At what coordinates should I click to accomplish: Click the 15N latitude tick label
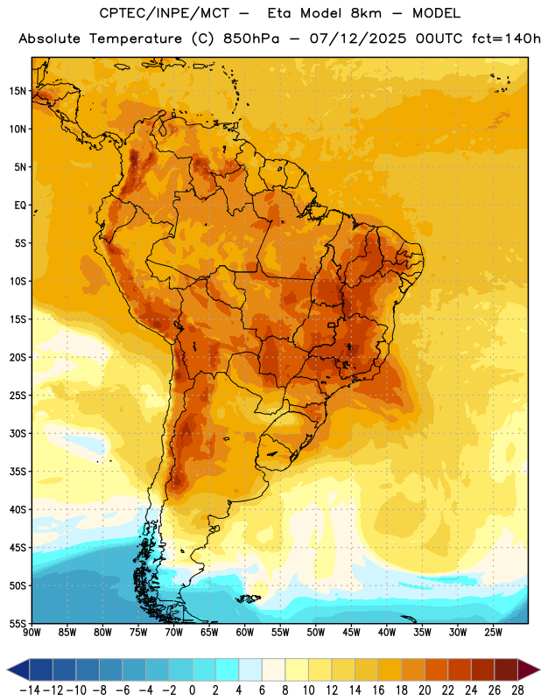click(x=18, y=91)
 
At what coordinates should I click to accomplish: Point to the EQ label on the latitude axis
click(x=20, y=206)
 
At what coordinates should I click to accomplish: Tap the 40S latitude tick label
click(x=18, y=509)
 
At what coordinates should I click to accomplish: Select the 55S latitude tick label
click(x=18, y=623)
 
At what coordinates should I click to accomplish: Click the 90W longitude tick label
click(x=32, y=633)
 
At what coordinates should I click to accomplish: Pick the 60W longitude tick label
click(x=245, y=633)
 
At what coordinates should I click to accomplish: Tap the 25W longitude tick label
click(x=493, y=633)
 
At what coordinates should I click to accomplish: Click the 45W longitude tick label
click(x=351, y=633)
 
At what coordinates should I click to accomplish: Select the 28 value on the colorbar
click(x=517, y=690)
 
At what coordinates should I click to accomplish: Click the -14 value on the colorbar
click(x=30, y=690)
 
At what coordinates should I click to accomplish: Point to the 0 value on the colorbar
click(x=192, y=690)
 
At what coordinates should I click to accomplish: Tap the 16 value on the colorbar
click(x=378, y=690)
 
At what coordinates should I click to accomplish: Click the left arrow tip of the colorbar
click(x=7, y=670)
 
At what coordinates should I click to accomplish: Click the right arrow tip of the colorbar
click(x=539, y=670)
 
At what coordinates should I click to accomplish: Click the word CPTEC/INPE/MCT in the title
click(x=164, y=13)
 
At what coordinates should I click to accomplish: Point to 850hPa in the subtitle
click(x=251, y=38)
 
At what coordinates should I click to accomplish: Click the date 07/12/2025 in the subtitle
click(x=358, y=38)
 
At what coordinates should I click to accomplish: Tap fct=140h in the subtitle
click(x=506, y=38)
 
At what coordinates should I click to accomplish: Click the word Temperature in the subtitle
click(x=136, y=39)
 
